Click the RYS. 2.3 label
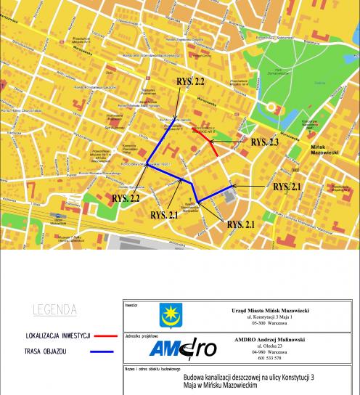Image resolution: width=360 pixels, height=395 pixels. click(265, 143)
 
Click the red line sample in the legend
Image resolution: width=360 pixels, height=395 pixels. click(102, 335)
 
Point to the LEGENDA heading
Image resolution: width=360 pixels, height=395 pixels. click(54, 310)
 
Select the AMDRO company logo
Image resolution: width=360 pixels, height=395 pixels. click(182, 349)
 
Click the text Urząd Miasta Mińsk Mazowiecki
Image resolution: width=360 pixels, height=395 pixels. click(269, 309)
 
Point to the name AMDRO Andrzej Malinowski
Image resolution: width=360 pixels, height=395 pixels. click(269, 340)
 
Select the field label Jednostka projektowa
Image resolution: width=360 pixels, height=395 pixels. click(142, 336)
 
